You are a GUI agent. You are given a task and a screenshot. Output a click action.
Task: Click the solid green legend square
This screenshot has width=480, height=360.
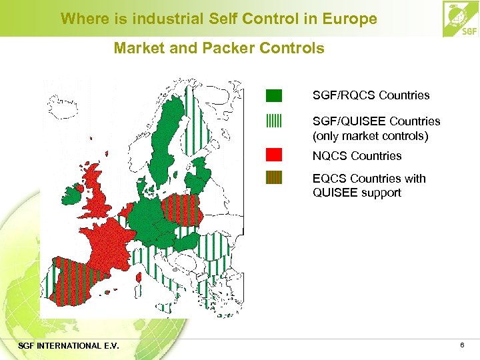(274, 95)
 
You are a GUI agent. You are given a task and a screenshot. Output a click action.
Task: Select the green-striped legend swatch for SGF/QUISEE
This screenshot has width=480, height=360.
(274, 121)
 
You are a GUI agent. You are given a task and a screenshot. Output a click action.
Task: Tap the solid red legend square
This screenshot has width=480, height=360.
(274, 155)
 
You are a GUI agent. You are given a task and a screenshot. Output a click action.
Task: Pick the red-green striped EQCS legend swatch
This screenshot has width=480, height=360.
(274, 178)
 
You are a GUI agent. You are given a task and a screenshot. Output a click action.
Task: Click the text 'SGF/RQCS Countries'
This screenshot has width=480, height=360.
(371, 95)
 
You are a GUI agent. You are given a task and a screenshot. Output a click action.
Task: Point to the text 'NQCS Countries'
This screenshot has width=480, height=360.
(357, 156)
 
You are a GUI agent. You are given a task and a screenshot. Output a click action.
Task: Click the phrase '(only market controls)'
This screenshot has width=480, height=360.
(371, 136)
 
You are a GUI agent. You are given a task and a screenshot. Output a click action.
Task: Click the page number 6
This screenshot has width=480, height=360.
(461, 345)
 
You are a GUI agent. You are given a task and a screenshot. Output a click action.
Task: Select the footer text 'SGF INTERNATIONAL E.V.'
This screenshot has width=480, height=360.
(69, 345)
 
